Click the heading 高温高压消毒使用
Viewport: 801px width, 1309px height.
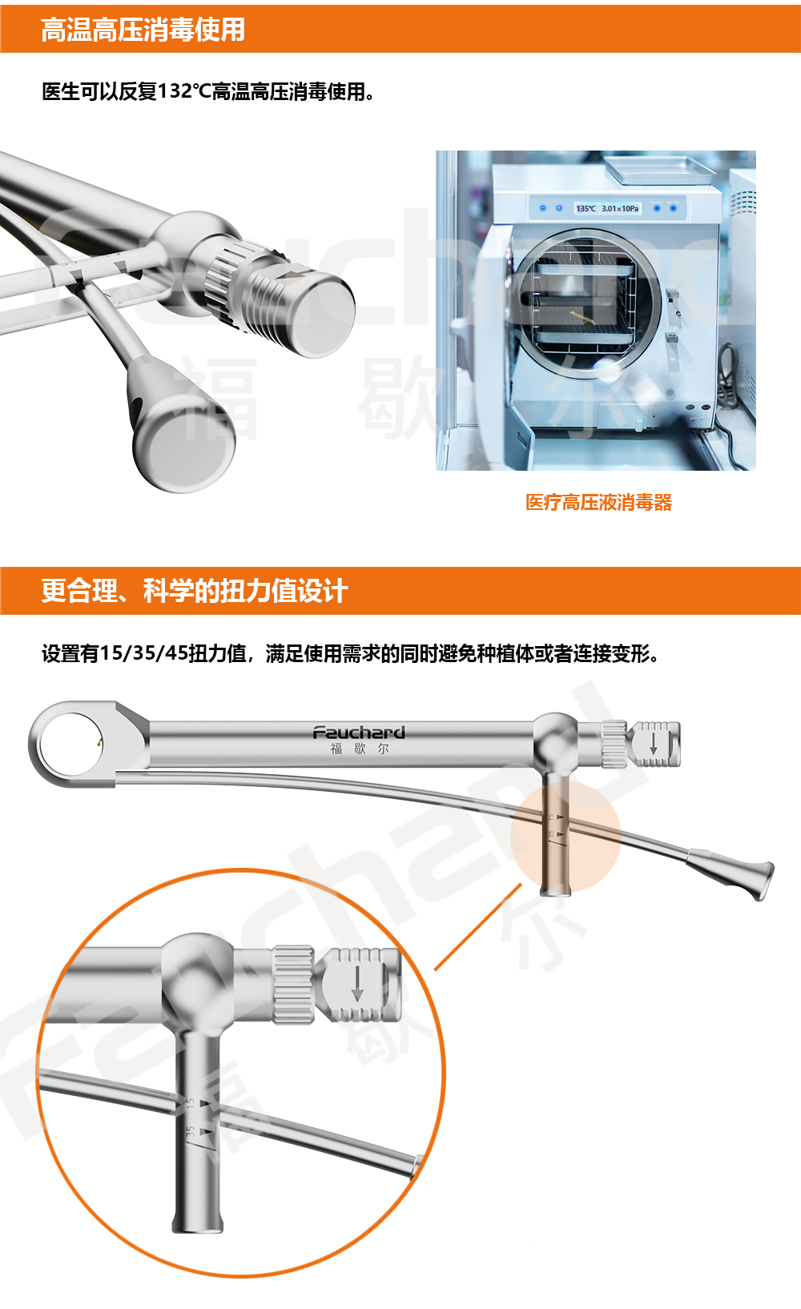143,30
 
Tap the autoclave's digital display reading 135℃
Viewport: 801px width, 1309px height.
586,208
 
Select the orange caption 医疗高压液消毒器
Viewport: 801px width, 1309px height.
598,503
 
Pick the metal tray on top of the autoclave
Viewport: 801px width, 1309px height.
658,169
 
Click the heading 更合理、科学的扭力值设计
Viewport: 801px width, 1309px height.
194,591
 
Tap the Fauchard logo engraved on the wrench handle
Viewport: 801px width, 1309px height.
358,733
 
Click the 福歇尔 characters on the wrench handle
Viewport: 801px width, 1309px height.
360,749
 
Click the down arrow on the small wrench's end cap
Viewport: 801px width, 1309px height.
654,743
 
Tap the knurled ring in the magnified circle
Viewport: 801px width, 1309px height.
292,984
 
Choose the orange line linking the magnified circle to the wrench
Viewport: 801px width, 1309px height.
478,926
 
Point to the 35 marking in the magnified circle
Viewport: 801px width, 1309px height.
191,1132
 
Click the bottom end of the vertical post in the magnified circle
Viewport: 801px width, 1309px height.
198,1223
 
